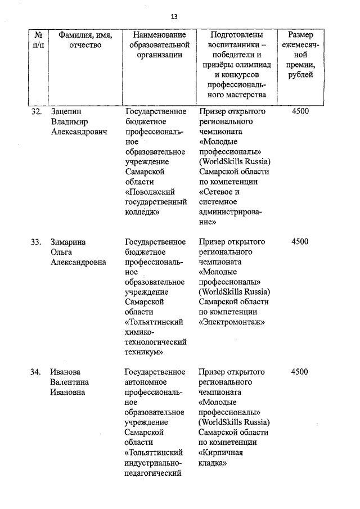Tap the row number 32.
(36, 111)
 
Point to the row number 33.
(36, 242)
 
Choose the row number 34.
(36, 372)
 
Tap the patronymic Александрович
(79, 132)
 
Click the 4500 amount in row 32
(300, 111)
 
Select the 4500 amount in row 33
(300, 242)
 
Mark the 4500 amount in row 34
(300, 372)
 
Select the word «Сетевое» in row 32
(216, 192)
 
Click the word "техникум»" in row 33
(144, 353)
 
